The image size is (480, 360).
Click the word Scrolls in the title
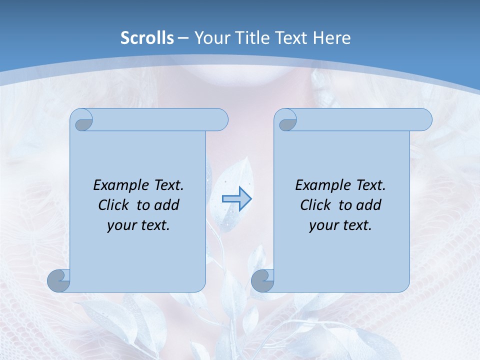point(147,38)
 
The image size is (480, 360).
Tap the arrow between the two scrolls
point(236,199)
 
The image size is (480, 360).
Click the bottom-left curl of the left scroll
point(58,280)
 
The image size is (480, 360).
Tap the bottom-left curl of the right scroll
point(262,280)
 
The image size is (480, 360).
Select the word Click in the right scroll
point(315,205)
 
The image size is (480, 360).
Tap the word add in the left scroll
point(167,205)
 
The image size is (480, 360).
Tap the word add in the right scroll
point(369,205)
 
